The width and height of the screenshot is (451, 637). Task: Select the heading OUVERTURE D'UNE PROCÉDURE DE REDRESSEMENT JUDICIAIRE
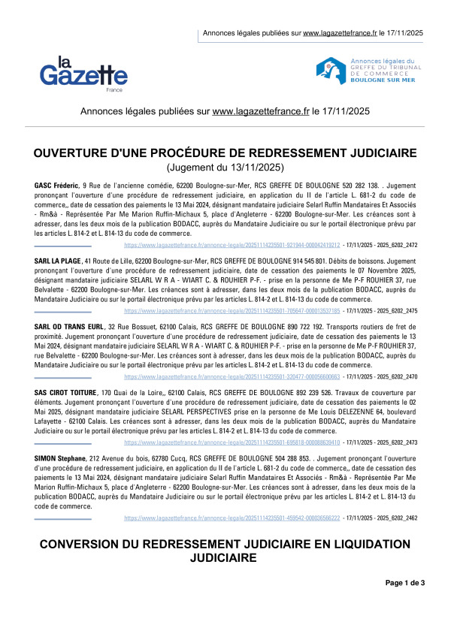225,153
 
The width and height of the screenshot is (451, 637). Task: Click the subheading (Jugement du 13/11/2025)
225,167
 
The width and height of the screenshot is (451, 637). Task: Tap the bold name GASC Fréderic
56,185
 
